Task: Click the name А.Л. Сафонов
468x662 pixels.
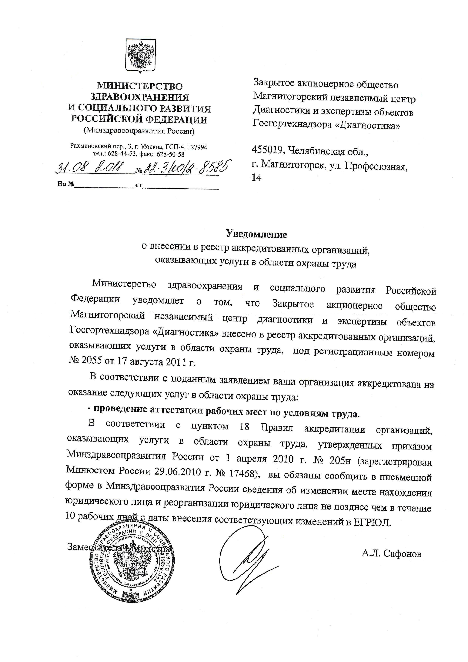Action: (x=392, y=554)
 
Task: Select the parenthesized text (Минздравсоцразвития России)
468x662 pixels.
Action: (x=139, y=131)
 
